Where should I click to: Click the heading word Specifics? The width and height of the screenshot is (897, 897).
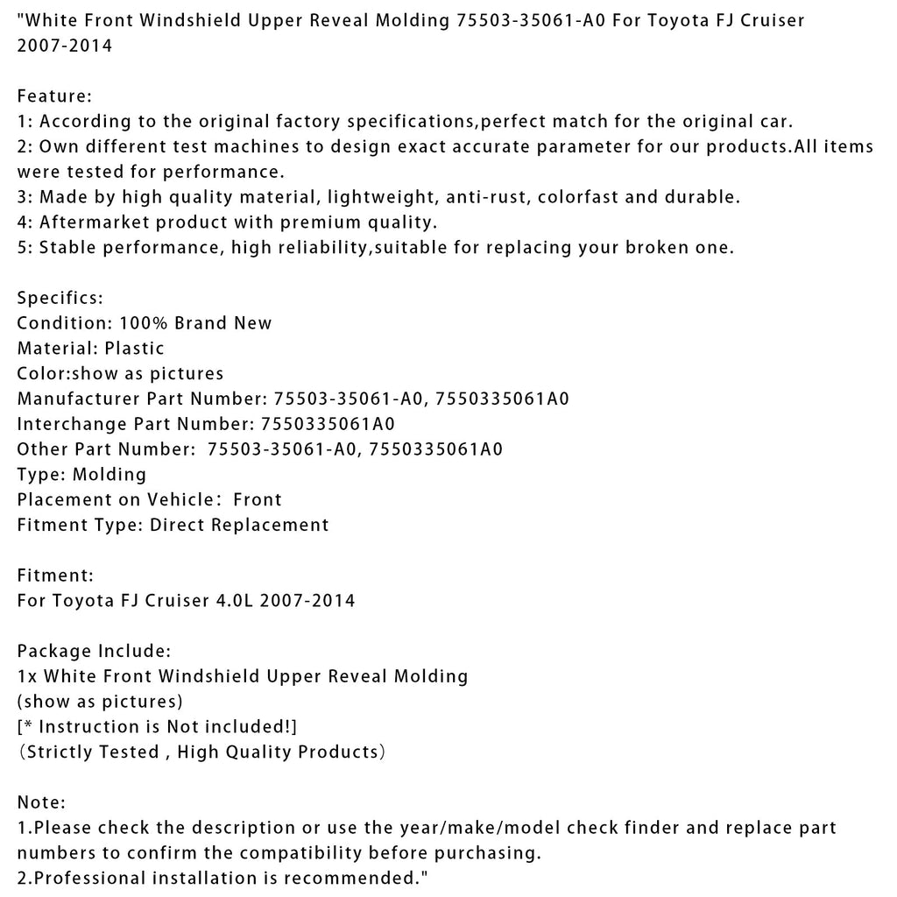pyautogui.click(x=60, y=298)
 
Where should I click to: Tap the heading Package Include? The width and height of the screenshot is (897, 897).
pyautogui.click(x=94, y=651)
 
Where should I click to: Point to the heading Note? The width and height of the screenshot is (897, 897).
pyautogui.click(x=41, y=802)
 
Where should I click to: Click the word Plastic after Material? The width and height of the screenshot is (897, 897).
pyautogui.click(x=134, y=349)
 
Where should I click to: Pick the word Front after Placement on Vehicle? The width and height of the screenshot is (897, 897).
pyautogui.click(x=258, y=500)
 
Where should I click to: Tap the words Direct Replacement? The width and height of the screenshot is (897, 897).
pyautogui.click(x=239, y=526)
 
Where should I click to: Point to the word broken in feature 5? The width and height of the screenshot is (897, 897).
pyautogui.click(x=660, y=248)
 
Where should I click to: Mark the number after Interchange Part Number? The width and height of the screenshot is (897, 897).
pyautogui.click(x=328, y=424)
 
